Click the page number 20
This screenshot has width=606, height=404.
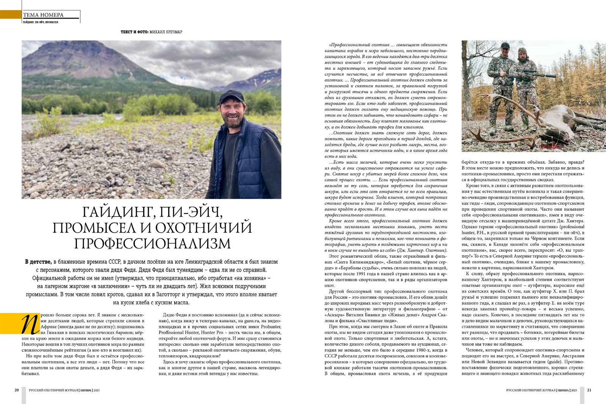point(17,390)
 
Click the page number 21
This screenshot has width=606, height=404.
point(589,390)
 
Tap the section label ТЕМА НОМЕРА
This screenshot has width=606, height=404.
point(43,15)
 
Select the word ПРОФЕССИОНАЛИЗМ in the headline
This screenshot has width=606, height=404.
point(152,243)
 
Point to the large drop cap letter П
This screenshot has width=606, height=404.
point(30,324)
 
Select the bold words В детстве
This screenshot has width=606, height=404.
point(38,262)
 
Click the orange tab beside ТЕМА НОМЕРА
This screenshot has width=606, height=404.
point(11,14)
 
